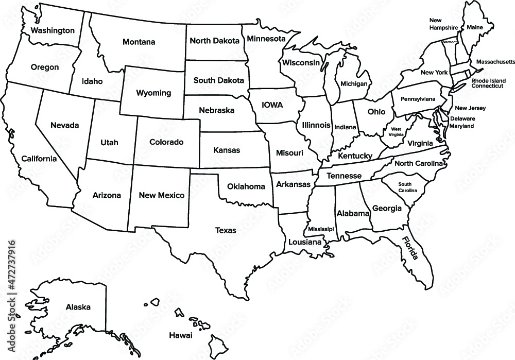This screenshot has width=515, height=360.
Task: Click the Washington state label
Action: pyautogui.click(x=53, y=30)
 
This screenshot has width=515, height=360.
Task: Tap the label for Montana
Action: pyautogui.click(x=139, y=42)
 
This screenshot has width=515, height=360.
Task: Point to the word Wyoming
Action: pyautogui.click(x=153, y=93)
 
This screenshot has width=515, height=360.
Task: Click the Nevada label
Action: pyautogui.click(x=64, y=125)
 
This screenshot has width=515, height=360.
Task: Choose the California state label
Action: pyautogui.click(x=39, y=159)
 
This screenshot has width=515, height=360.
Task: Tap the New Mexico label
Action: pyautogui.click(x=162, y=195)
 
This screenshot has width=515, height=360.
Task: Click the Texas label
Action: pyautogui.click(x=226, y=230)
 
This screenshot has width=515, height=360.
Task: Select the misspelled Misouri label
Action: pyautogui.click(x=289, y=153)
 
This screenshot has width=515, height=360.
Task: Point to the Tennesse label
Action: pyautogui.click(x=345, y=176)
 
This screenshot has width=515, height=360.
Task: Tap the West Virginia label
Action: pyautogui.click(x=396, y=131)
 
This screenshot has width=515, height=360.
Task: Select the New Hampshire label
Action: pyautogui.click(x=444, y=24)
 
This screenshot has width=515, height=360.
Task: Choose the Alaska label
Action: pyautogui.click(x=78, y=307)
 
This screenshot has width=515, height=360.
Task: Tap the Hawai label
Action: pyautogui.click(x=180, y=335)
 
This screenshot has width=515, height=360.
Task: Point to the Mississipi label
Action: pyautogui.click(x=321, y=229)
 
